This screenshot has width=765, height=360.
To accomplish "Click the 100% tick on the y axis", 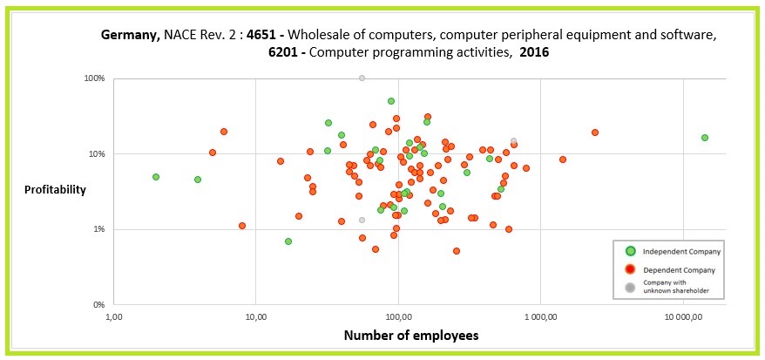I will click(x=94, y=78).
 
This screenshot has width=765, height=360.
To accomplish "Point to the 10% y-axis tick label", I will click(x=96, y=154).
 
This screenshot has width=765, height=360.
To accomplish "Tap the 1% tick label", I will click(x=98, y=229).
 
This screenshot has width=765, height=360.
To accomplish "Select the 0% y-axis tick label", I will click(x=98, y=305).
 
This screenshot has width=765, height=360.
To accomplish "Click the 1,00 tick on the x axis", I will click(x=114, y=317).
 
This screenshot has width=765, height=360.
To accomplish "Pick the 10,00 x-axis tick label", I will click(x=255, y=317).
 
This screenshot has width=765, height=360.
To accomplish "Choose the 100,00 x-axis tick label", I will click(x=398, y=317).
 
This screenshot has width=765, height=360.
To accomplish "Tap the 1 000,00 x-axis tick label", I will click(x=540, y=317).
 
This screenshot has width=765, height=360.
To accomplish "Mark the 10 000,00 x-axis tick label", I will click(x=683, y=317).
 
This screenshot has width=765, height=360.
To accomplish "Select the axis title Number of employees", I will click(x=411, y=336).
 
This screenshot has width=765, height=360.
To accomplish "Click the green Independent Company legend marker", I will click(x=631, y=251).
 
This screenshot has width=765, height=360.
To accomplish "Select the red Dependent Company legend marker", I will click(x=631, y=269).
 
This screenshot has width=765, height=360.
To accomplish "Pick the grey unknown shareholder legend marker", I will click(x=631, y=286).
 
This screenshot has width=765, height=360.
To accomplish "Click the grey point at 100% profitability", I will click(x=362, y=78).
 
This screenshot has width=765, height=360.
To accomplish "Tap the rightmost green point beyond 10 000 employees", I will click(x=705, y=138).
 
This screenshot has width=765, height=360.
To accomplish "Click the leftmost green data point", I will click(x=156, y=177).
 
